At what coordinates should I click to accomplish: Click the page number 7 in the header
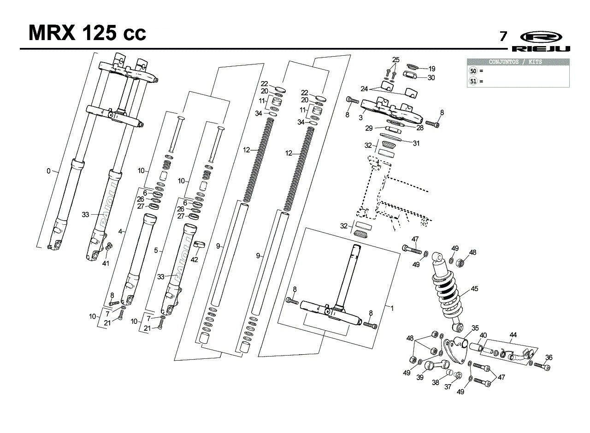tap(504, 36)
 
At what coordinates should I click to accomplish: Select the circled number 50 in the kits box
tap(472, 71)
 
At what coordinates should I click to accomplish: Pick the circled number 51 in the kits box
tap(472, 81)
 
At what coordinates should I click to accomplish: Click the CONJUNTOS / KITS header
tap(518, 62)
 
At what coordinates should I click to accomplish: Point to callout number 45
tap(474, 289)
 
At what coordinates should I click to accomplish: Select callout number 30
tap(431, 78)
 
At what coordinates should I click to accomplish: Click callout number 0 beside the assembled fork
tap(48, 171)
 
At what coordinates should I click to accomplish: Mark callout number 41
tap(106, 263)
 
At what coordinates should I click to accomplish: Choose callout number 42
tap(194, 259)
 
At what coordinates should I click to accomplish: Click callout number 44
tap(513, 335)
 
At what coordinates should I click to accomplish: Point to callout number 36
tap(549, 357)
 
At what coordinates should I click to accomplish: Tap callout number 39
tap(419, 377)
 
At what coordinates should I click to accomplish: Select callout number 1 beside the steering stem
tap(392, 308)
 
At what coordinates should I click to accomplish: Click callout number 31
tap(416, 143)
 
